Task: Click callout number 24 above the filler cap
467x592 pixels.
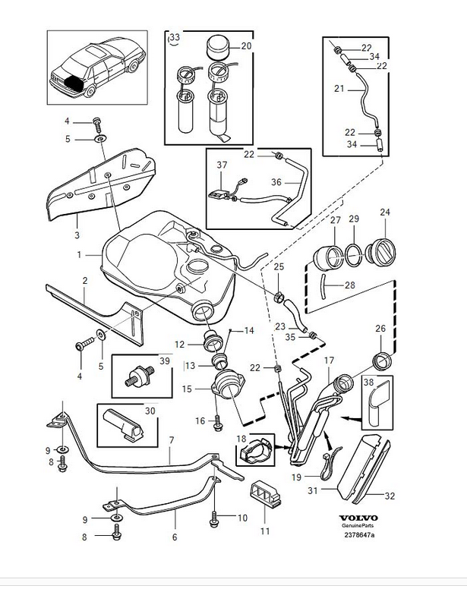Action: (385, 212)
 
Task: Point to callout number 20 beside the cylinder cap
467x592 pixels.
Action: (245, 46)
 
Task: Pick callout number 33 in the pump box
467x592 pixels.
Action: (175, 38)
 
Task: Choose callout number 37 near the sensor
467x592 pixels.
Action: (222, 165)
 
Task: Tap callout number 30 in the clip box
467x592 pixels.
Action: (150, 410)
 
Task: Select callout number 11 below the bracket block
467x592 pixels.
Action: (264, 531)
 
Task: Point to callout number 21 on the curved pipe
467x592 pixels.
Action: (339, 89)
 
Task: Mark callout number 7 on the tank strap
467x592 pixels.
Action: (172, 439)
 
